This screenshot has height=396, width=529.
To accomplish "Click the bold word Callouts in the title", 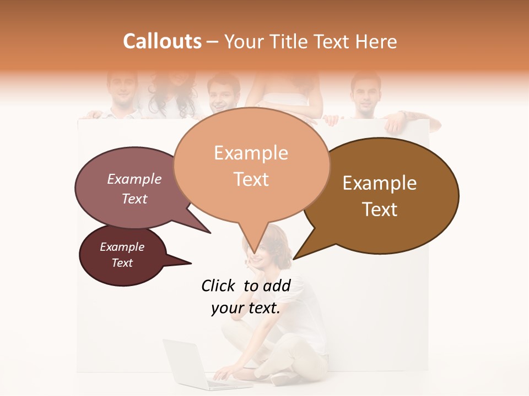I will pyautogui.click(x=162, y=41).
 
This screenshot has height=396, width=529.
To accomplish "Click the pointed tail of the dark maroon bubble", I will pyautogui.click(x=185, y=262).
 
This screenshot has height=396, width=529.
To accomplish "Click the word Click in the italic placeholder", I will pyautogui.click(x=218, y=285).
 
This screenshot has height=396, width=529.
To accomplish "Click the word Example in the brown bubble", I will pyautogui.click(x=380, y=183).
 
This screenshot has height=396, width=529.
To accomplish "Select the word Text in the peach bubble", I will pyautogui.click(x=251, y=179).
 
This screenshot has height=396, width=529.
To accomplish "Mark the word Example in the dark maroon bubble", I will pyautogui.click(x=122, y=247).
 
